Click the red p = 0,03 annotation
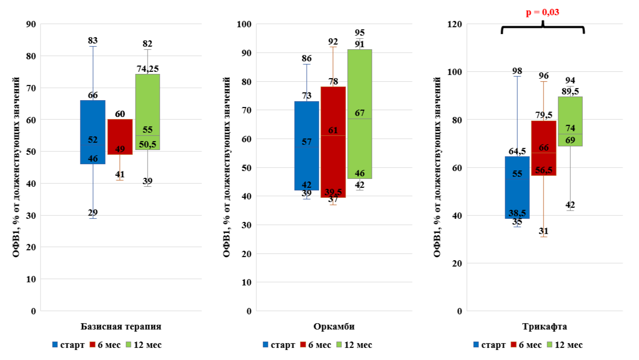[542, 13]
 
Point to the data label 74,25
[148, 68]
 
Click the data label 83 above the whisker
[93, 40]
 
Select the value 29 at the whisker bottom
[93, 213]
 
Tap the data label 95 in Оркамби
[360, 33]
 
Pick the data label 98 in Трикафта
[517, 71]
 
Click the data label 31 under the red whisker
[543, 231]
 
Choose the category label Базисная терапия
[121, 326]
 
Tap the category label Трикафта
[544, 326]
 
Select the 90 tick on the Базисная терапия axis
[31, 24]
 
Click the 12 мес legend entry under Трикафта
[565, 345]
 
